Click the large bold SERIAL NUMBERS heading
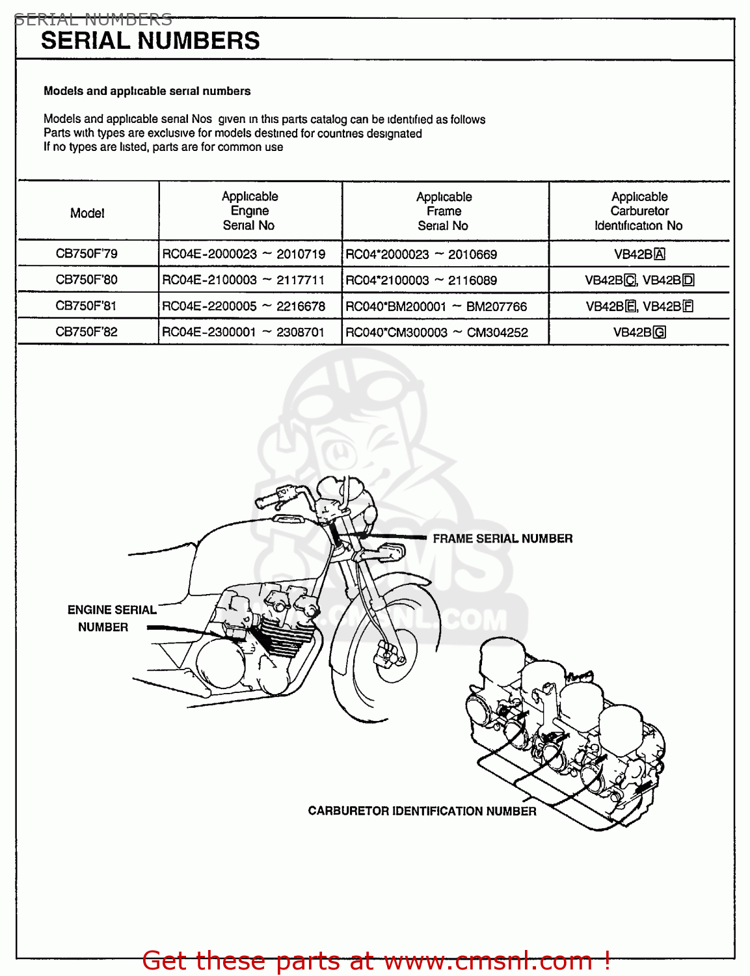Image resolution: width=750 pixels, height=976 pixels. (150, 41)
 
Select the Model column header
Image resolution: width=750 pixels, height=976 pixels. (87, 213)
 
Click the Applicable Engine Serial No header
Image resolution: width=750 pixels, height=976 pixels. (249, 211)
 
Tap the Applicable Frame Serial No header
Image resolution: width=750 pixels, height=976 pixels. (444, 211)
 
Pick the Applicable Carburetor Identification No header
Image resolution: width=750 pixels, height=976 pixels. (639, 211)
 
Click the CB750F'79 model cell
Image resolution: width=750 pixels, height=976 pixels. (87, 254)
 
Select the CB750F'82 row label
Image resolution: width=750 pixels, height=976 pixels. (87, 332)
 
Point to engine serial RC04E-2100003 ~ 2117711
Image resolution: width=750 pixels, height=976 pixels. (243, 280)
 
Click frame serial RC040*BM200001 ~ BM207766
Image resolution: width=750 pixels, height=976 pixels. (436, 306)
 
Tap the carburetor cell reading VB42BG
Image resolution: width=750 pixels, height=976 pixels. (639, 332)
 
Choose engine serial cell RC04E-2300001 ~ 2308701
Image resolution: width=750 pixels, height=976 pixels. (243, 332)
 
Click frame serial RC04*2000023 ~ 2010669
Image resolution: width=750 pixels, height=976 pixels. (421, 254)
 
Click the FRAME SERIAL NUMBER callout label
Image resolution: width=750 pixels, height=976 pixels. (502, 539)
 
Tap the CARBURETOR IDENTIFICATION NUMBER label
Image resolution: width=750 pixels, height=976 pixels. (422, 811)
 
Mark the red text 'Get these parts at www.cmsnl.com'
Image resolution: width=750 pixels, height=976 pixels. (376, 960)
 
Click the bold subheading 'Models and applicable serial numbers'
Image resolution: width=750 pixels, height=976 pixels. (147, 91)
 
